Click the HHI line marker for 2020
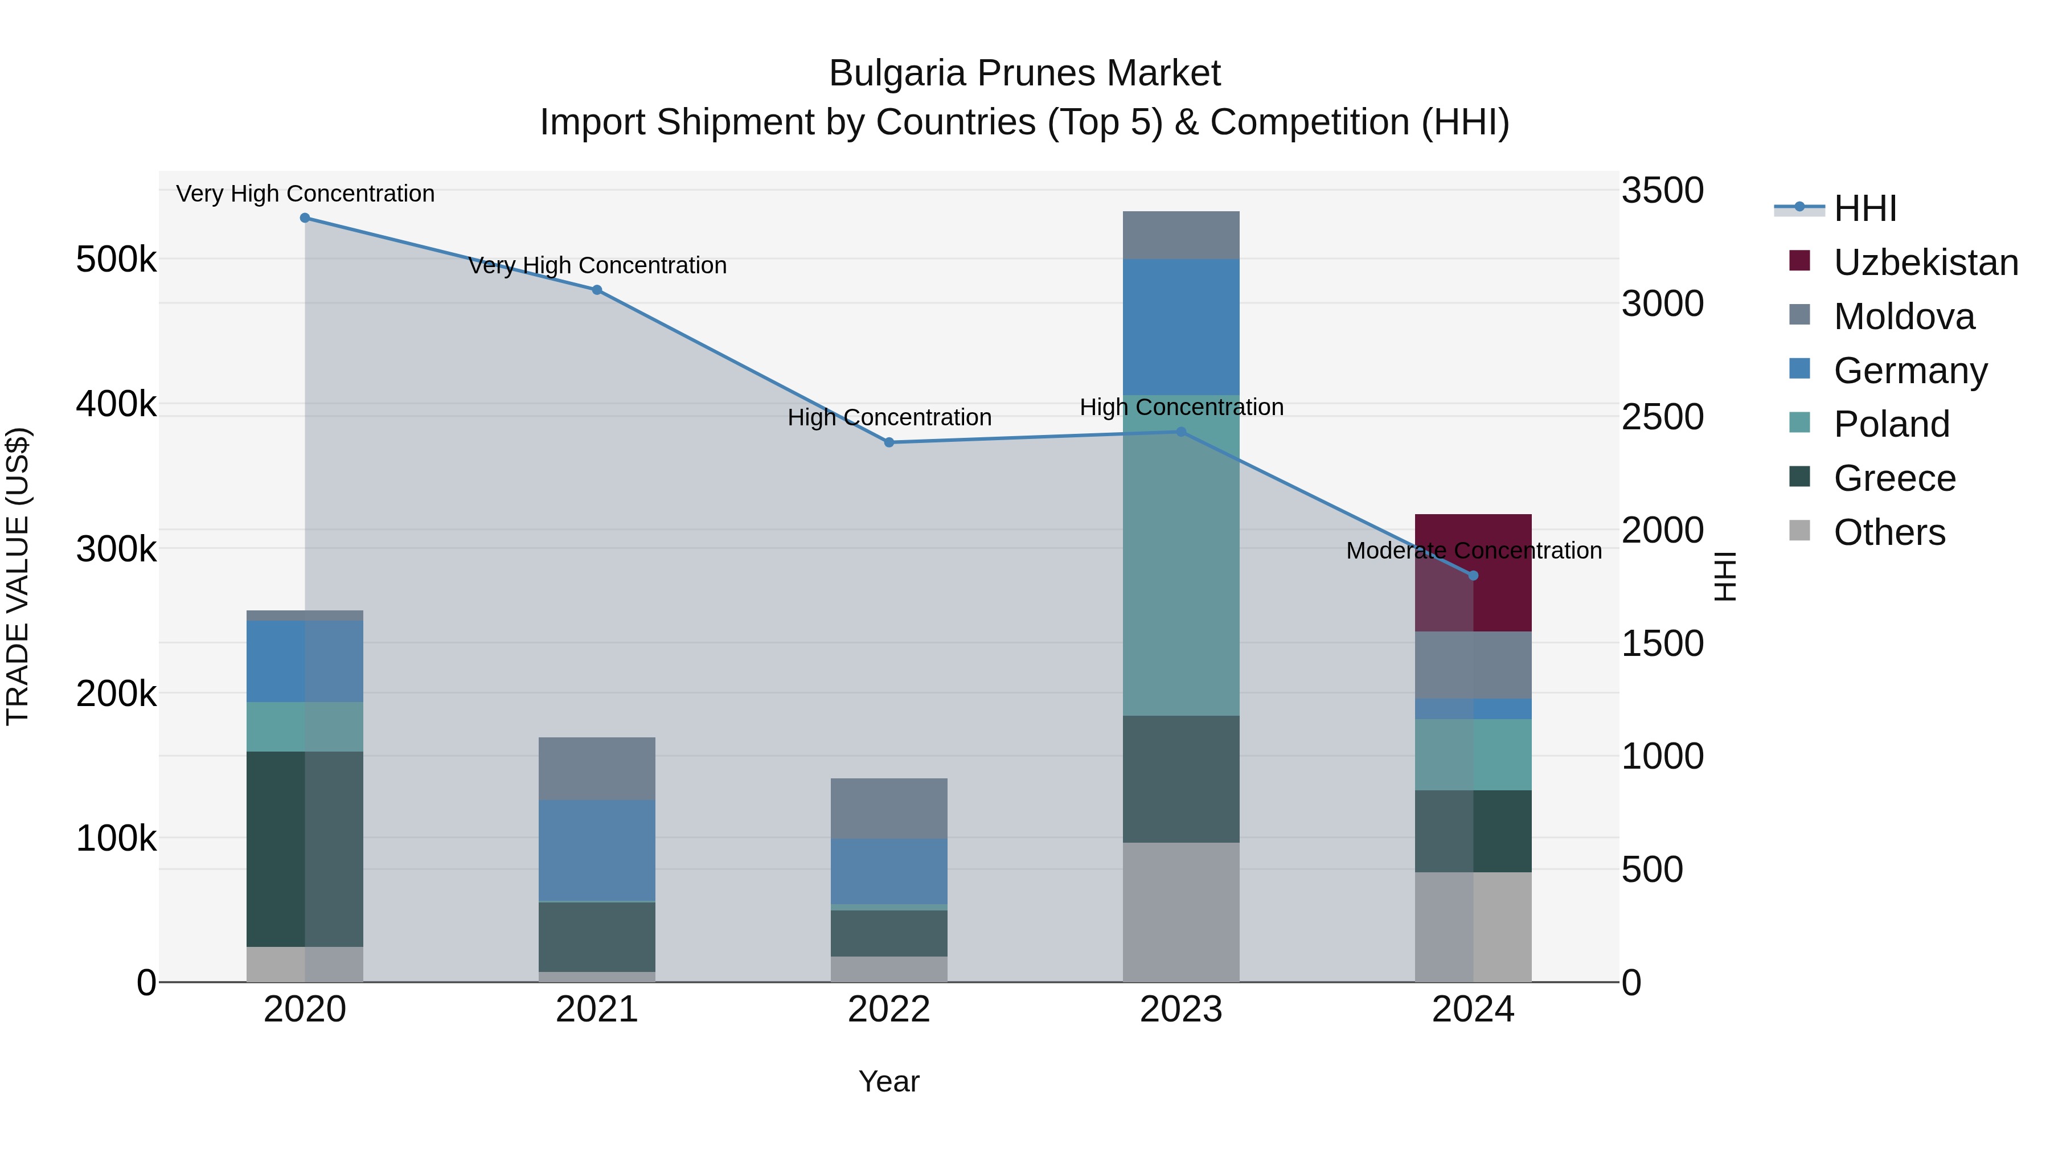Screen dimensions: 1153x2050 coord(305,218)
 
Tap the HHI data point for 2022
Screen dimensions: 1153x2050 coord(889,442)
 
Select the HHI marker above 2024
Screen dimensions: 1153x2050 coord(1473,575)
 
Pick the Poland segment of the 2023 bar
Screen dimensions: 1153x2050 coord(1181,557)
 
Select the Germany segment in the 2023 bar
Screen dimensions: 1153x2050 coord(1181,326)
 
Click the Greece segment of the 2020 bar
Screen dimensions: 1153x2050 coord(305,848)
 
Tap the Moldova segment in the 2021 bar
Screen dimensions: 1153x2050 coord(597,768)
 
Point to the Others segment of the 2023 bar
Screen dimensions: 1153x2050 coord(1181,912)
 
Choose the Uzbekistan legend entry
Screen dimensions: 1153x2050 coord(1925,262)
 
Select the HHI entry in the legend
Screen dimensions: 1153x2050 coord(1864,208)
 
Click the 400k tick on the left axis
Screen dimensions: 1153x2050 coord(116,404)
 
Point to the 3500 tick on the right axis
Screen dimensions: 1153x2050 coord(1662,191)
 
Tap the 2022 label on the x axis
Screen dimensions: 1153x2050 coord(889,1010)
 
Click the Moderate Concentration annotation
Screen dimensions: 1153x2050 coord(1473,551)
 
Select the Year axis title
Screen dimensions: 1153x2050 coord(889,1081)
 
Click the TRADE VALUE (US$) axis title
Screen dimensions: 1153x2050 coord(18,576)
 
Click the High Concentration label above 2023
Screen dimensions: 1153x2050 coord(1181,408)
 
